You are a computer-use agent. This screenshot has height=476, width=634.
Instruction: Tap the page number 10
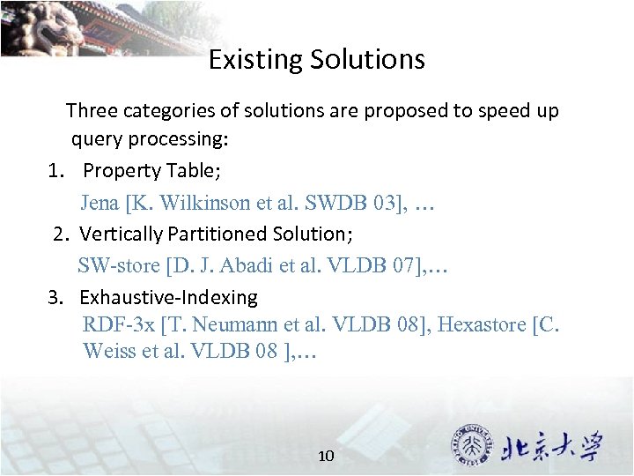point(326,456)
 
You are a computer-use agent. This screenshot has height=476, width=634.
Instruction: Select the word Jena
point(100,203)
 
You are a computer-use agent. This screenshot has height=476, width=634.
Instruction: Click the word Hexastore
point(482,324)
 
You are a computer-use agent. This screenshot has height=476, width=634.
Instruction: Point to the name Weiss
point(107,351)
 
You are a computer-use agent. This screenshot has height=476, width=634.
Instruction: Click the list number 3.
point(55,298)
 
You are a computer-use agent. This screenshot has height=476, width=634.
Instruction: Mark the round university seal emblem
point(472,446)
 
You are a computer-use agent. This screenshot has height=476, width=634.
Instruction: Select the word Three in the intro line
point(92,111)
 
